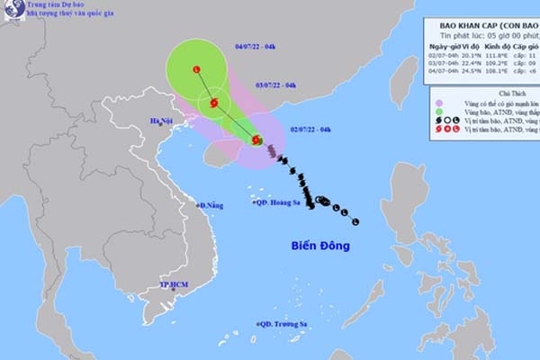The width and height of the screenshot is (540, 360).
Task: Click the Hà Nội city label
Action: click(x=161, y=121)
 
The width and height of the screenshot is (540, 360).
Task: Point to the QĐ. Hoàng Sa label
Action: click(x=280, y=204)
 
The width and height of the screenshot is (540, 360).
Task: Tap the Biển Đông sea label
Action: click(x=319, y=245)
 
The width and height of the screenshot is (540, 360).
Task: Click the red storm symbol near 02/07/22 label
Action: click(x=257, y=139)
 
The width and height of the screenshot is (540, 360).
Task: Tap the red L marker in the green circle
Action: click(x=196, y=69)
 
